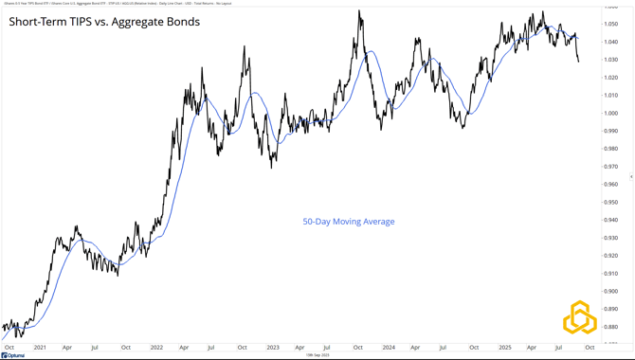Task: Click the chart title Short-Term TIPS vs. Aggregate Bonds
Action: (104, 21)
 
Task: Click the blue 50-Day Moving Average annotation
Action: (348, 222)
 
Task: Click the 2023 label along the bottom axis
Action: (273, 348)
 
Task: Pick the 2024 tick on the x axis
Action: (389, 348)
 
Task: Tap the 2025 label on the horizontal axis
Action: (505, 348)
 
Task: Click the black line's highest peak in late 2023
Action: (359, 10)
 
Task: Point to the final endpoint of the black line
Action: (579, 62)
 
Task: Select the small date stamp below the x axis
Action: (317, 355)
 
